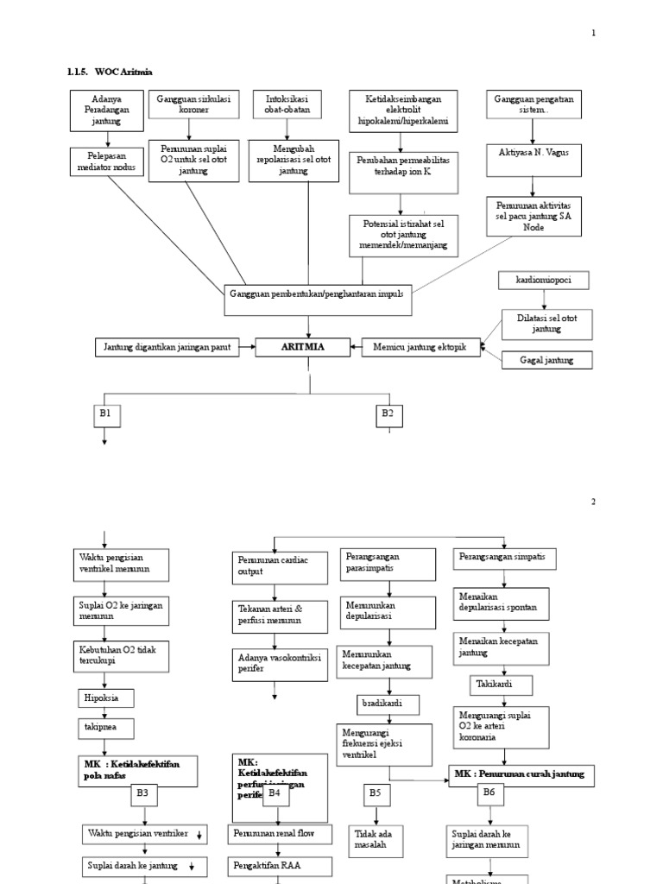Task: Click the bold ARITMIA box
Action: tap(302, 347)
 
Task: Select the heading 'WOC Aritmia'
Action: tap(129, 72)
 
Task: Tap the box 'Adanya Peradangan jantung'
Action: tap(102, 111)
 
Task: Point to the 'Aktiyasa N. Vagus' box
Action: tap(534, 152)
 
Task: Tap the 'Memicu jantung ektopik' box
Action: tap(419, 347)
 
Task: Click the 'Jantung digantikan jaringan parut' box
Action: tap(168, 347)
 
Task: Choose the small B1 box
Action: tap(106, 415)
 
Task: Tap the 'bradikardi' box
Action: tap(389, 704)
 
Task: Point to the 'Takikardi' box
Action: tap(502, 685)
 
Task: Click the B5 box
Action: tap(376, 792)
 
